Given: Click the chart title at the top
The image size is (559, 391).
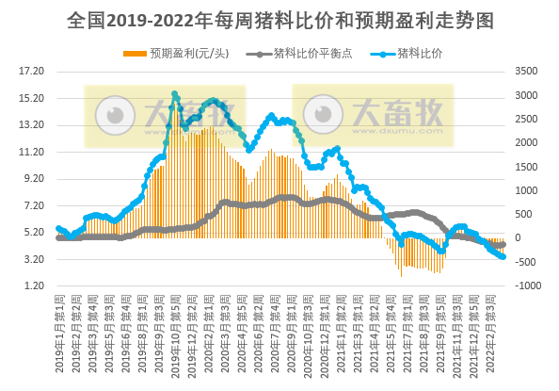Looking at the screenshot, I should pyautogui.click(x=279, y=20).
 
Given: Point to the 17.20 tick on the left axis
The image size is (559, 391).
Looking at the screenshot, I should pyautogui.click(x=32, y=71).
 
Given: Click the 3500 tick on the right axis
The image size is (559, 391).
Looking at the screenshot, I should pyautogui.click(x=525, y=71).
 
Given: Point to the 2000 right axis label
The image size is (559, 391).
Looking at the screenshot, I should pyautogui.click(x=525, y=142).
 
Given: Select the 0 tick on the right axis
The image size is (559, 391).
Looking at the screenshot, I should pyautogui.click(x=517, y=238).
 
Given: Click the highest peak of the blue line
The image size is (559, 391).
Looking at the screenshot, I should pyautogui.click(x=175, y=94).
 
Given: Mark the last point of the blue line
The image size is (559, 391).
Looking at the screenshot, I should pyautogui.click(x=503, y=256).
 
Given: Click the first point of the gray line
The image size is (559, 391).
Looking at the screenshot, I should pyautogui.click(x=58, y=238).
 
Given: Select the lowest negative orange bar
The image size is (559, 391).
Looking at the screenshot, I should pyautogui.click(x=401, y=275).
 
